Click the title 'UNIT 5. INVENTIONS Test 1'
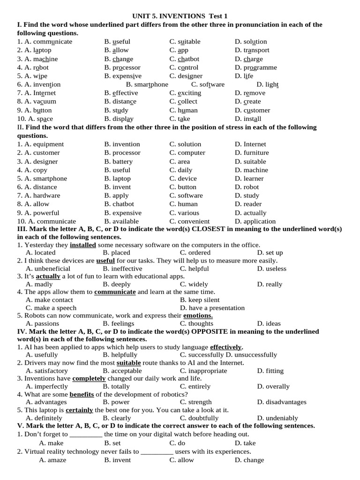180,16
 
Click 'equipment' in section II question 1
48,144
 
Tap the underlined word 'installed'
83,245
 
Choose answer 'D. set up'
270,253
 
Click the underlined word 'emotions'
198,315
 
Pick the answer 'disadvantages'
281,402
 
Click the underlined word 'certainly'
79,410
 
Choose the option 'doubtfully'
199,418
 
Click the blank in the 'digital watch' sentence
86,435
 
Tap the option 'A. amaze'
52,460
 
